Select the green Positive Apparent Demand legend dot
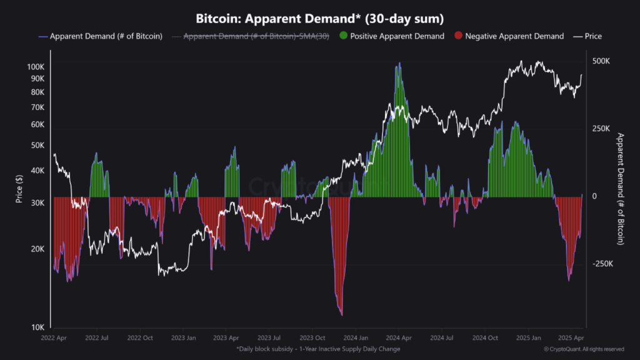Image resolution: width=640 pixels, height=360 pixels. tap(342, 36)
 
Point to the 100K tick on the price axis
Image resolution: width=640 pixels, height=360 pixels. tap(36, 67)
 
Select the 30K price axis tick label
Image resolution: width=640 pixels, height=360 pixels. tap(37, 202)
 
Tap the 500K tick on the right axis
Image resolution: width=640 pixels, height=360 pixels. tap(601, 61)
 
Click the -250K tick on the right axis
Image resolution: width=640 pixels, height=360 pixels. tap(603, 264)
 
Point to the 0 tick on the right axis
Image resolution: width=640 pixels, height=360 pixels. tap(595, 196)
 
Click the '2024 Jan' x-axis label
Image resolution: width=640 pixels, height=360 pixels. tap(354, 337)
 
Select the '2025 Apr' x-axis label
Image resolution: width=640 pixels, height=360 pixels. tap(571, 337)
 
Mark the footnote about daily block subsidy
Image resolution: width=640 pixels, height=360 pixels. tap(318, 349)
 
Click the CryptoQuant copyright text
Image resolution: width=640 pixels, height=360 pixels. tap(584, 349)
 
